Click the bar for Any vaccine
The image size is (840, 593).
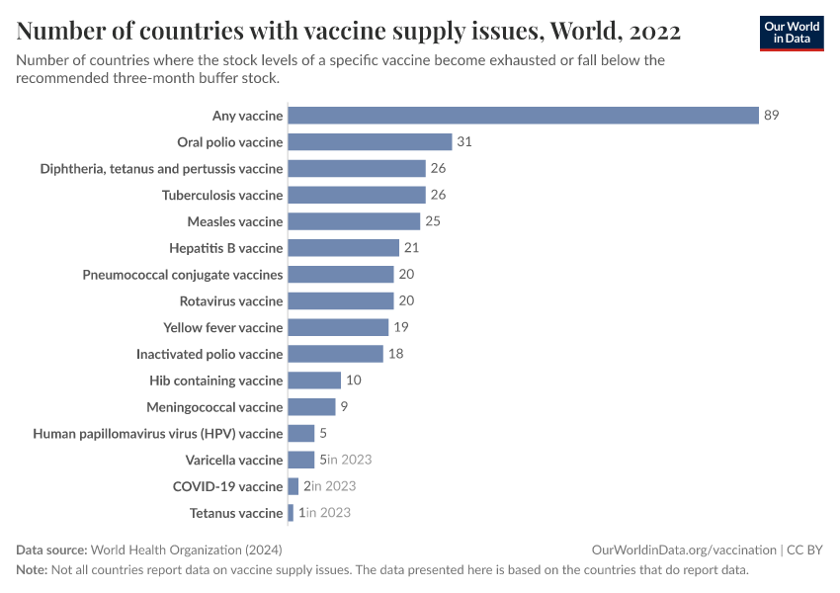click(523, 116)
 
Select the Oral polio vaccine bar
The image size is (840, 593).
click(370, 142)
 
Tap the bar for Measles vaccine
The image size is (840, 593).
click(354, 221)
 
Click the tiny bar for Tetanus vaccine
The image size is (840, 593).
click(291, 513)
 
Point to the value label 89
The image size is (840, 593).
click(772, 116)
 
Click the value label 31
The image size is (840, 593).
click(464, 142)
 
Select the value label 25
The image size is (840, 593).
click(433, 221)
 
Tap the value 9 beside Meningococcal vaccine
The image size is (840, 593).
click(344, 407)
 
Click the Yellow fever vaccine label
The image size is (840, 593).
click(223, 327)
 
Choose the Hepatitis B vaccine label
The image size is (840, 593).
click(226, 248)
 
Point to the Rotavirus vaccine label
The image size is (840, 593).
click(231, 300)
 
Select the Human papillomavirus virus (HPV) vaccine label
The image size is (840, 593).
click(158, 433)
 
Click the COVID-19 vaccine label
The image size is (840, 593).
click(228, 486)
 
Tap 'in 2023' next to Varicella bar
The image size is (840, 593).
click(349, 460)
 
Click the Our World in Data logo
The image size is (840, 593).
click(792, 33)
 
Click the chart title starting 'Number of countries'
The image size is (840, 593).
click(349, 32)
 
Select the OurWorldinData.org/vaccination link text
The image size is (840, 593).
click(684, 550)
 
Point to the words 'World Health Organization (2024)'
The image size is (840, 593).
click(193, 550)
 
